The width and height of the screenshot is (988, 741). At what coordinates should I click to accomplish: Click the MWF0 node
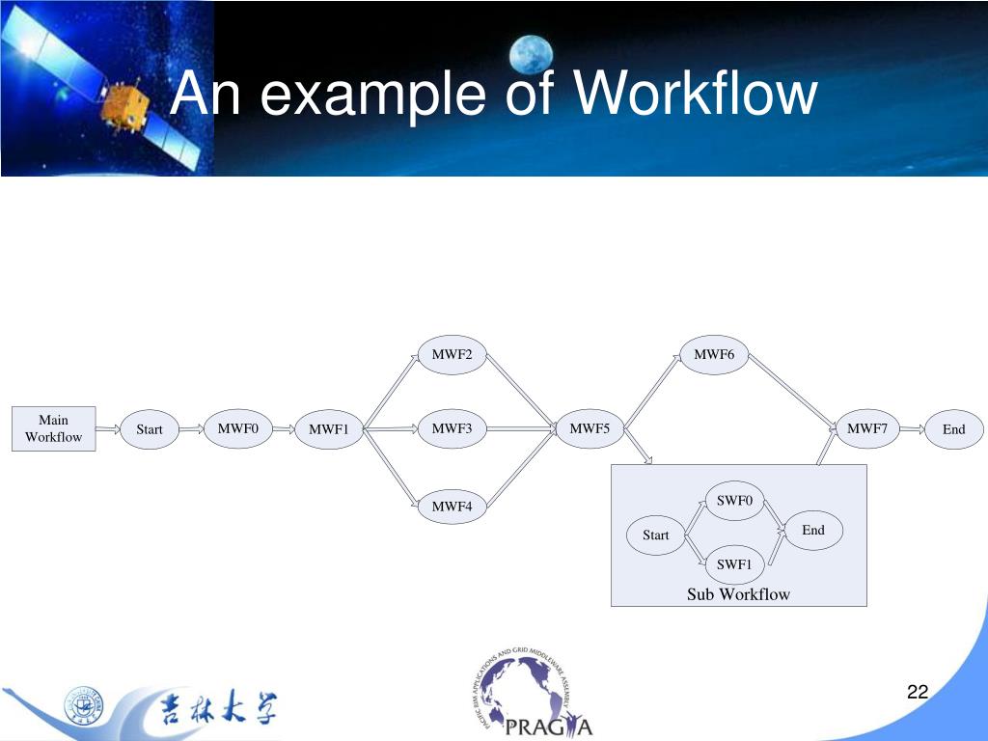tap(237, 428)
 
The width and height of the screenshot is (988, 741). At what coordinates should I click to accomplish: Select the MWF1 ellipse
tap(328, 429)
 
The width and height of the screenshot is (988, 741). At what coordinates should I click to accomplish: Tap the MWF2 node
tap(452, 355)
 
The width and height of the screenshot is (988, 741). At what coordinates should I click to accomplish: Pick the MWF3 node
tap(452, 428)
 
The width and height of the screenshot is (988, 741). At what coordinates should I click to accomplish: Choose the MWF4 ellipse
tap(452, 506)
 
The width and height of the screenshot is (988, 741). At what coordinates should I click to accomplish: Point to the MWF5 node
tap(590, 428)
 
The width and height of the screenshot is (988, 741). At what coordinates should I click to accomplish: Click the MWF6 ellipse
tap(714, 355)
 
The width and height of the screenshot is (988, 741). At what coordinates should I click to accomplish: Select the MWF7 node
tap(867, 428)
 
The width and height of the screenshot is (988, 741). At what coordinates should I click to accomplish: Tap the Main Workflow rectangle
tap(54, 428)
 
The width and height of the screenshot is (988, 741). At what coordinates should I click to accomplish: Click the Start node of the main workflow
tap(150, 429)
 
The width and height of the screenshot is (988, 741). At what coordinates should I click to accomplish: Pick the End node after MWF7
tap(953, 429)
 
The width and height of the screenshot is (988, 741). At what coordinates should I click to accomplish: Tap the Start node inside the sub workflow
tap(656, 535)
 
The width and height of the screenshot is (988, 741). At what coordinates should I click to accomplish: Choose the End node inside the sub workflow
tap(813, 530)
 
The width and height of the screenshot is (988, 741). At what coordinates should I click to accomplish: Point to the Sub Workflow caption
tap(738, 594)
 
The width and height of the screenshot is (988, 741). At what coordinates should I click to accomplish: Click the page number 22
tap(917, 691)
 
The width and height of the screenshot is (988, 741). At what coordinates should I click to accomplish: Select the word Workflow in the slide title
tap(695, 95)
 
